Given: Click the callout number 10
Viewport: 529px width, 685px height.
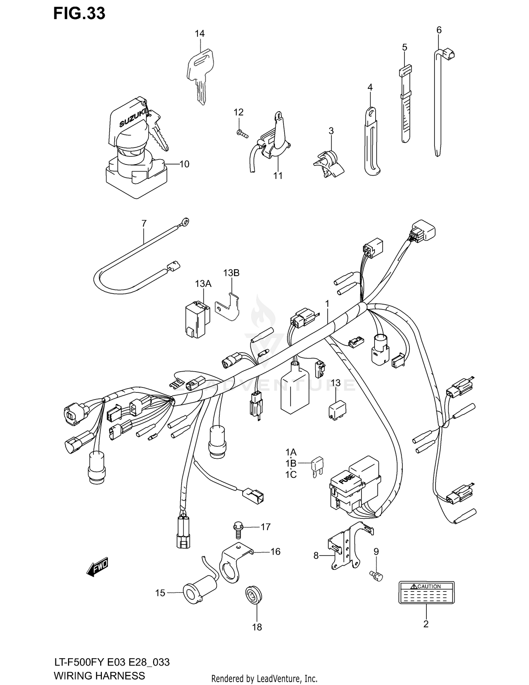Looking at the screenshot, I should coord(184,164).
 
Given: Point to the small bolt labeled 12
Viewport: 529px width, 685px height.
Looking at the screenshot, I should coord(241,133).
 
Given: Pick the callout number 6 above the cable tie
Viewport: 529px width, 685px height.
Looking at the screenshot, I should coord(439,30).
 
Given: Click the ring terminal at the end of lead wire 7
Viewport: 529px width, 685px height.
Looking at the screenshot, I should coord(184,222).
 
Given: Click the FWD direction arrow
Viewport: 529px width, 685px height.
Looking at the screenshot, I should coord(97,568).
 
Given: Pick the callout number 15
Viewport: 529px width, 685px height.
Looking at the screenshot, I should coord(160,593).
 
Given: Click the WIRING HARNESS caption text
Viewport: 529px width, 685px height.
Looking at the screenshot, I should coord(99,675).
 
